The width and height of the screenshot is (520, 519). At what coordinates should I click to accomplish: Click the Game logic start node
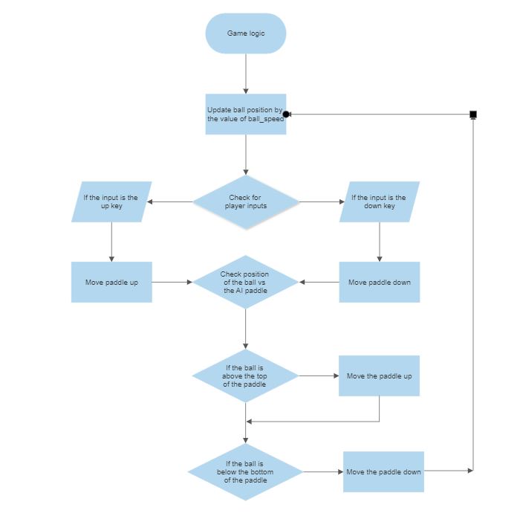click(245, 33)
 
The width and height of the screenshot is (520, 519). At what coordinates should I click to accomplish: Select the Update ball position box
click(245, 114)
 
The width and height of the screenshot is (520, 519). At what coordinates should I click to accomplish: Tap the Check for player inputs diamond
click(246, 202)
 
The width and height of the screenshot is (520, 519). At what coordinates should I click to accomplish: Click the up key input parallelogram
click(111, 202)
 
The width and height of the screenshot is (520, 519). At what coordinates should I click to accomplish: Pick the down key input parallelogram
click(379, 202)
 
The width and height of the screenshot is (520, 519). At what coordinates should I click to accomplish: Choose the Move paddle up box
click(111, 282)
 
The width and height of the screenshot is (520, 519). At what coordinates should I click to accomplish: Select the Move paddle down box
click(379, 282)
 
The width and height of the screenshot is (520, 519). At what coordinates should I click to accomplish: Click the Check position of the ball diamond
click(246, 282)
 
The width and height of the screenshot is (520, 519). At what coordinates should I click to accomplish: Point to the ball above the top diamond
click(245, 376)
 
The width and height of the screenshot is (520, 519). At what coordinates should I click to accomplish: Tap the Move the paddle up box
click(379, 375)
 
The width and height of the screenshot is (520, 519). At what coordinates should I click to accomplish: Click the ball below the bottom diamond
click(245, 471)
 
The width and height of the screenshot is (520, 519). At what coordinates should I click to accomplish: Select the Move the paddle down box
click(383, 471)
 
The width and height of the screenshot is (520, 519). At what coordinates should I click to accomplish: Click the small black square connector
click(472, 114)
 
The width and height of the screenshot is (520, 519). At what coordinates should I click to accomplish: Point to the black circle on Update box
click(286, 114)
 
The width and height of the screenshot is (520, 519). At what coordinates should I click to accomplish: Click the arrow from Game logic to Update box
click(245, 74)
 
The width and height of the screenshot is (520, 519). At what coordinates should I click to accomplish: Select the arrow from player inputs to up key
click(171, 202)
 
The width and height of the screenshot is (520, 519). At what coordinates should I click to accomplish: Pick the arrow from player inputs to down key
click(319, 202)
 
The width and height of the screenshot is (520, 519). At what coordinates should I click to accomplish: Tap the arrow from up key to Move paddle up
click(111, 242)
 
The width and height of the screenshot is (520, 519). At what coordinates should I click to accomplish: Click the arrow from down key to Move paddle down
click(379, 242)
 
